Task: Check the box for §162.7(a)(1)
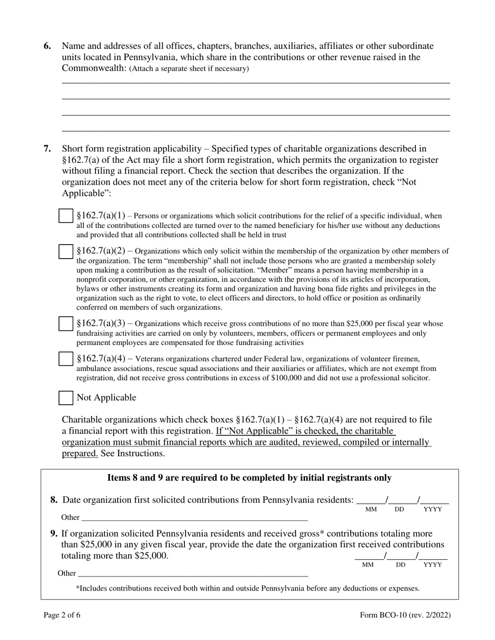point(66,216)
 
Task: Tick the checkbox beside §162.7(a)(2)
point(66,252)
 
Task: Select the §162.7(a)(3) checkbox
point(66,324)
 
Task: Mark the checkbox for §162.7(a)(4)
point(66,359)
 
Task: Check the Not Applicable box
point(66,398)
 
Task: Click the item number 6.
point(47,46)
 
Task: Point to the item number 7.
point(47,149)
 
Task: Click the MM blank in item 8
point(370,501)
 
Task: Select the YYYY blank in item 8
point(434,501)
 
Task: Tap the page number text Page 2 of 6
point(62,615)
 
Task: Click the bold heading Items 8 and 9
point(249,478)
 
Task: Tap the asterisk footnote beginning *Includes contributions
point(247,588)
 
